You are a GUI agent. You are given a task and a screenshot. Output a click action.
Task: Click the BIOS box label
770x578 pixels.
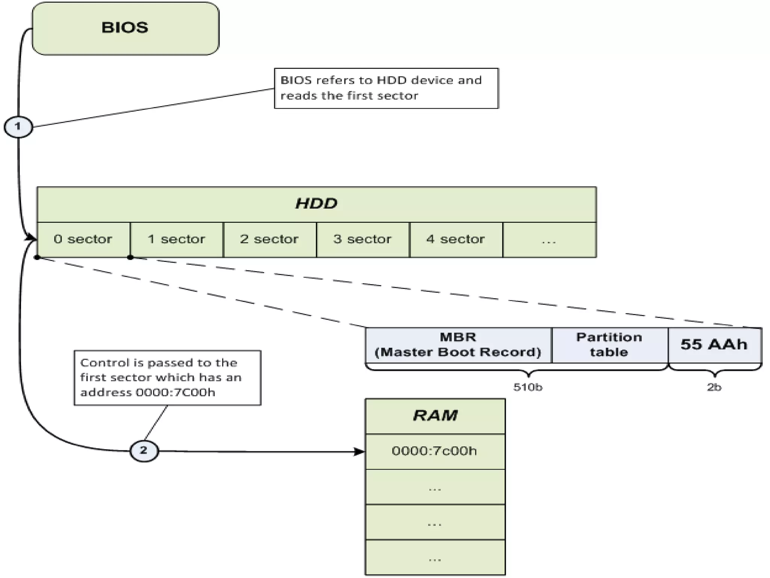pyautogui.click(x=125, y=28)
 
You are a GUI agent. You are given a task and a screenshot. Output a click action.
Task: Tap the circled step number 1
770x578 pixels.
pyautogui.click(x=18, y=126)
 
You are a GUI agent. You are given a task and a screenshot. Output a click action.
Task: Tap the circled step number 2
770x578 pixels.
pyautogui.click(x=144, y=450)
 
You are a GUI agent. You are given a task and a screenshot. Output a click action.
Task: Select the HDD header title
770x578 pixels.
pyautogui.click(x=316, y=204)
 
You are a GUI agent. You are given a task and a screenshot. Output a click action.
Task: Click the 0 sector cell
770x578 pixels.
pyautogui.click(x=83, y=239)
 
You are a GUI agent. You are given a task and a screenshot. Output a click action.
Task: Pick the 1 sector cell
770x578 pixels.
pyautogui.click(x=176, y=239)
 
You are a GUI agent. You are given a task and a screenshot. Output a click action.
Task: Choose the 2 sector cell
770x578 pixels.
pyautogui.click(x=269, y=239)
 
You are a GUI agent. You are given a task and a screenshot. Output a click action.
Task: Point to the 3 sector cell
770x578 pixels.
pyautogui.click(x=362, y=239)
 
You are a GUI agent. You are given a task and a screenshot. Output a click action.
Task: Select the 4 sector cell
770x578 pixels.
pyautogui.click(x=456, y=239)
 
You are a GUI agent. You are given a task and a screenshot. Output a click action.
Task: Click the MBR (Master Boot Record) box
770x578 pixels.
pyautogui.click(x=458, y=345)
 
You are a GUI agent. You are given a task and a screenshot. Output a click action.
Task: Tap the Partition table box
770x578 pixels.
pyautogui.click(x=609, y=345)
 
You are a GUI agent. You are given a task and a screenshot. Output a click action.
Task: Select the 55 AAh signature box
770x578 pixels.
pyautogui.click(x=714, y=345)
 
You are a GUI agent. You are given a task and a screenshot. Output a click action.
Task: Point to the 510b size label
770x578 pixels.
pyautogui.click(x=528, y=387)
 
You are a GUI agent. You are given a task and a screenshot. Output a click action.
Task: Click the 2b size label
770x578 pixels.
pyautogui.click(x=714, y=387)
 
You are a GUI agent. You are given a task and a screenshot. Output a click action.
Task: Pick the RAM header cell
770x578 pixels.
pyautogui.click(x=435, y=416)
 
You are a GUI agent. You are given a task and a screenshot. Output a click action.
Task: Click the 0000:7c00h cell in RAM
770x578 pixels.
pyautogui.click(x=435, y=451)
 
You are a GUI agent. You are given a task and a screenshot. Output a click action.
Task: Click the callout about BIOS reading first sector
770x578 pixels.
pyautogui.click(x=386, y=88)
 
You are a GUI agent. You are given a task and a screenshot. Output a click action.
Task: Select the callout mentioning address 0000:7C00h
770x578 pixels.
pyautogui.click(x=167, y=378)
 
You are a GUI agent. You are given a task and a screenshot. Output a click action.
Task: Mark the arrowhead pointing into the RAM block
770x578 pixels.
pyautogui.click(x=360, y=452)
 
